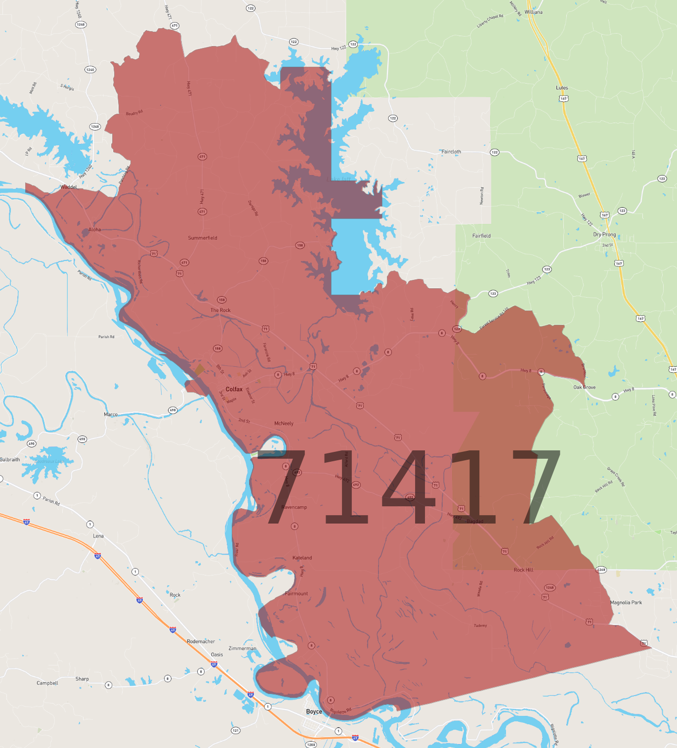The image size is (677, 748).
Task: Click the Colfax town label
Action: click(x=234, y=389)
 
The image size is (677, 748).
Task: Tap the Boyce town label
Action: click(x=314, y=711)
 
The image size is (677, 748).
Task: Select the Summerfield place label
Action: click(x=203, y=238)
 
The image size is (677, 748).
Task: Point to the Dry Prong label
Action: click(x=604, y=234)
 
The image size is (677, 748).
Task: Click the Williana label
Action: click(x=533, y=12)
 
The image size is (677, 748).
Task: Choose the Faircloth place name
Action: click(x=451, y=152)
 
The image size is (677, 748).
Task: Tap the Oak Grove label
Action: click(x=584, y=387)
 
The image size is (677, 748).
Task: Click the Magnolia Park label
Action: click(x=626, y=602)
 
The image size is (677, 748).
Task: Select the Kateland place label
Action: click(x=302, y=558)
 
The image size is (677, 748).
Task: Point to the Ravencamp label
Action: click(x=294, y=507)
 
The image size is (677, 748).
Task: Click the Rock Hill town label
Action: click(x=523, y=570)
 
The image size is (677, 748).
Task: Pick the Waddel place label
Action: click(x=69, y=187)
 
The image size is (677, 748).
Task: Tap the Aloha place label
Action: click(x=94, y=229)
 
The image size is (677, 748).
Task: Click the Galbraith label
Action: click(x=10, y=459)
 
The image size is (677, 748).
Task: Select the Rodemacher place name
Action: click(x=201, y=641)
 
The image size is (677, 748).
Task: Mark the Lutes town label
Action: click(x=562, y=88)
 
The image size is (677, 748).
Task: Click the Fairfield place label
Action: click(x=481, y=236)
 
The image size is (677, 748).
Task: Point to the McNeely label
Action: click(x=284, y=423)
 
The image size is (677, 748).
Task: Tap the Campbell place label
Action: click(x=47, y=683)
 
